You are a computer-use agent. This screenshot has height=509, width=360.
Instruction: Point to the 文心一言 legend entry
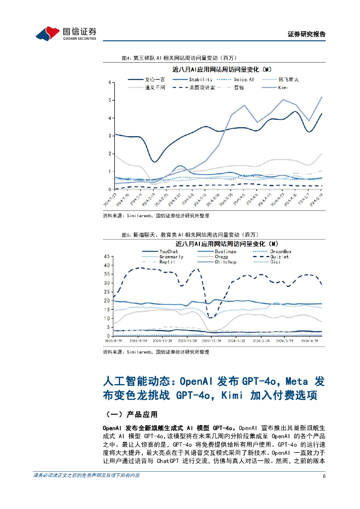pyautogui.click(x=154, y=80)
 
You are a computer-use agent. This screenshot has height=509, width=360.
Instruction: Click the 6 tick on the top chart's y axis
pyautogui.click(x=109, y=82)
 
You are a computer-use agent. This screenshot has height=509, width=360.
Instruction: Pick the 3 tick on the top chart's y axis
pyautogui.click(x=109, y=136)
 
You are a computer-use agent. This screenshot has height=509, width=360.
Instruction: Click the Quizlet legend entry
pyautogui.click(x=280, y=257)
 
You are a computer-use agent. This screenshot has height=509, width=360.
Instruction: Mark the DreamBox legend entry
pyautogui.click(x=281, y=252)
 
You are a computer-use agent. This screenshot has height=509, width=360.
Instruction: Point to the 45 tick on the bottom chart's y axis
pyautogui.click(x=106, y=256)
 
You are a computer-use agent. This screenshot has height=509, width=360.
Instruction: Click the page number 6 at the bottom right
pyautogui.click(x=324, y=476)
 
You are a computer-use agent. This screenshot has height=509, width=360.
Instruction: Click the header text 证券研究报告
pyautogui.click(x=307, y=35)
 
